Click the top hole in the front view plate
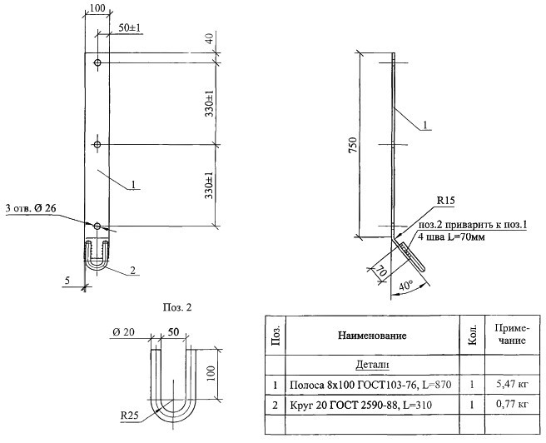coord(97,63)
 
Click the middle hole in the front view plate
coord(97,145)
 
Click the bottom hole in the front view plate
coord(97,226)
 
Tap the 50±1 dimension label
coord(129,28)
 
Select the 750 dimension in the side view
coord(352,145)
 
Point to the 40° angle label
coord(405,286)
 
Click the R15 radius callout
coord(446,201)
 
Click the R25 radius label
coord(129,416)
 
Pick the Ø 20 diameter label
coord(123,332)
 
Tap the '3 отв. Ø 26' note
coord(31,209)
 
